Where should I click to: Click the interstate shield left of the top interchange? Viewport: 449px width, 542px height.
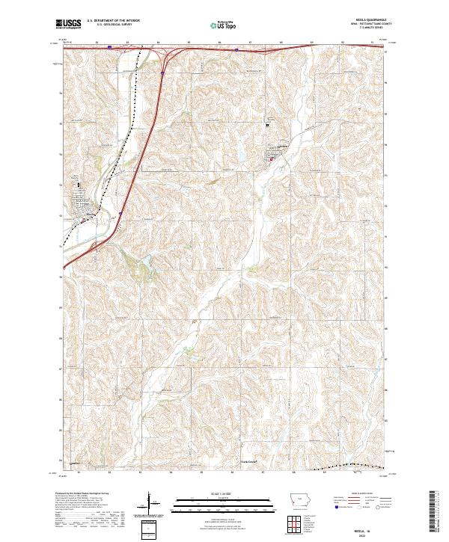110,47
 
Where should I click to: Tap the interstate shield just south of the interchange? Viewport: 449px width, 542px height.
162,73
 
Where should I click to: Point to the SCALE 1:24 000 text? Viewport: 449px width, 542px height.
224,493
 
